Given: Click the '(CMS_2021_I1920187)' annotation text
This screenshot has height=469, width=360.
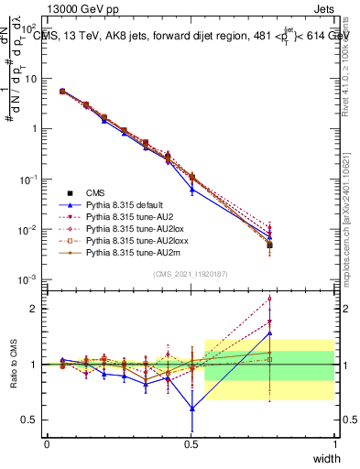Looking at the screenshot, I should [191, 273].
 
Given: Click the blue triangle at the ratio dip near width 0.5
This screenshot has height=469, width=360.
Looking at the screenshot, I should [191, 409].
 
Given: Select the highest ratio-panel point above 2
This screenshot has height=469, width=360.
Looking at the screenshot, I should [269, 298].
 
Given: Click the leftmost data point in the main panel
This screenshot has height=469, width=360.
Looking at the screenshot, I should [61, 92].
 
